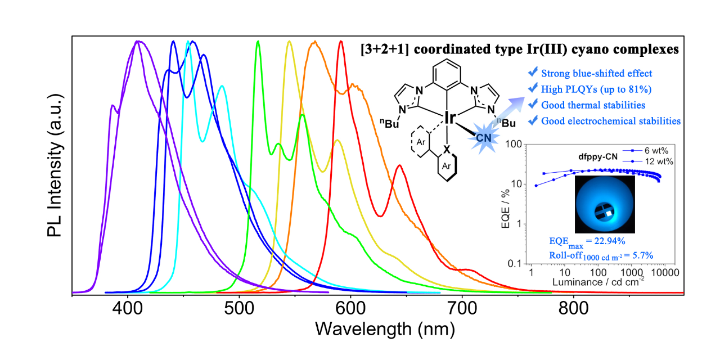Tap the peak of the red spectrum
[x=341, y=42]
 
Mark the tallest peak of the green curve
[x=258, y=42]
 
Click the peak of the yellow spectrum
[x=289, y=42]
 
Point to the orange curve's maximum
[x=315, y=42]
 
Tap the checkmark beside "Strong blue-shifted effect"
[x=532, y=73]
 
